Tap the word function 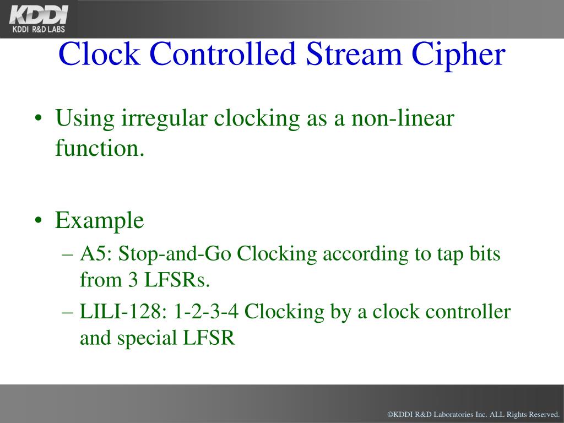point(99,148)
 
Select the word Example point(99,221)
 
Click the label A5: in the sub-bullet point(97,254)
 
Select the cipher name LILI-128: point(124,312)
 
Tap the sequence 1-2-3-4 point(207,312)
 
